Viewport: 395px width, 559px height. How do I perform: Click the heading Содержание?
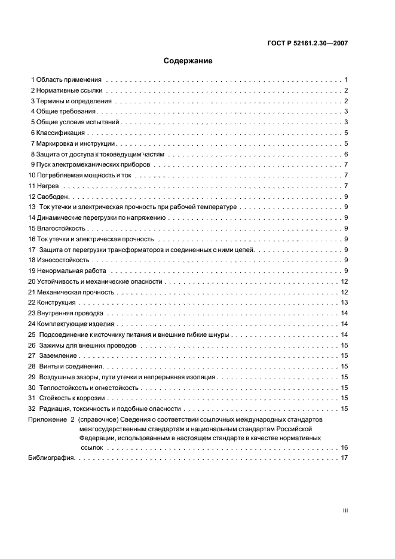[188, 61]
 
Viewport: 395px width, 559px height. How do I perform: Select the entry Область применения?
[68, 79]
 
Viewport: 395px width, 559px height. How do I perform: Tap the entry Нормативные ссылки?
[69, 90]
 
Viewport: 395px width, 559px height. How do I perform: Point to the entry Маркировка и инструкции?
[75, 143]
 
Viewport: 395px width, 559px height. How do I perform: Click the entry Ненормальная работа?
[68, 271]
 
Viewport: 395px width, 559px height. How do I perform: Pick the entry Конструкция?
[56, 303]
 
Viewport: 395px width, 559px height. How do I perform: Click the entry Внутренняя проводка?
[70, 314]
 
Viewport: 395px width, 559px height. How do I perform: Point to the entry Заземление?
[59, 356]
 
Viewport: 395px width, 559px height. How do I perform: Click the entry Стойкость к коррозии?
[72, 398]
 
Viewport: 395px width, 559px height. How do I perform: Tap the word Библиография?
[51, 458]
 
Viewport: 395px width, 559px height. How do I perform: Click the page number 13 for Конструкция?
[344, 303]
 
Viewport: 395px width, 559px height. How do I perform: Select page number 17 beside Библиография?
[344, 458]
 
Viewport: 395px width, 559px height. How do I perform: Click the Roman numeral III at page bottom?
[345, 511]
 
